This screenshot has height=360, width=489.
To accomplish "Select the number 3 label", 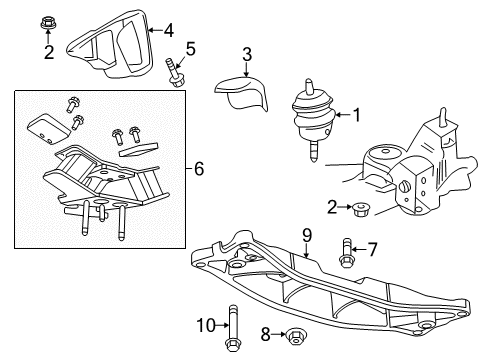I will coord(247,54).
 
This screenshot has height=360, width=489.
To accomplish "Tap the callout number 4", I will coord(169,29).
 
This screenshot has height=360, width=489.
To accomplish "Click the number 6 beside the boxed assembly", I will coord(199,170).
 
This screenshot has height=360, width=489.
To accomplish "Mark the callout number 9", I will coord(308,236).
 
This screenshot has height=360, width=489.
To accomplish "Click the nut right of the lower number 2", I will coord(362,209).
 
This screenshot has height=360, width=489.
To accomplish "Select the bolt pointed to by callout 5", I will coord(177,75).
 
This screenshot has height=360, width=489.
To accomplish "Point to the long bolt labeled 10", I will coord(232,325).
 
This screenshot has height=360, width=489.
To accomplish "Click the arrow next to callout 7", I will coord(359,247).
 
